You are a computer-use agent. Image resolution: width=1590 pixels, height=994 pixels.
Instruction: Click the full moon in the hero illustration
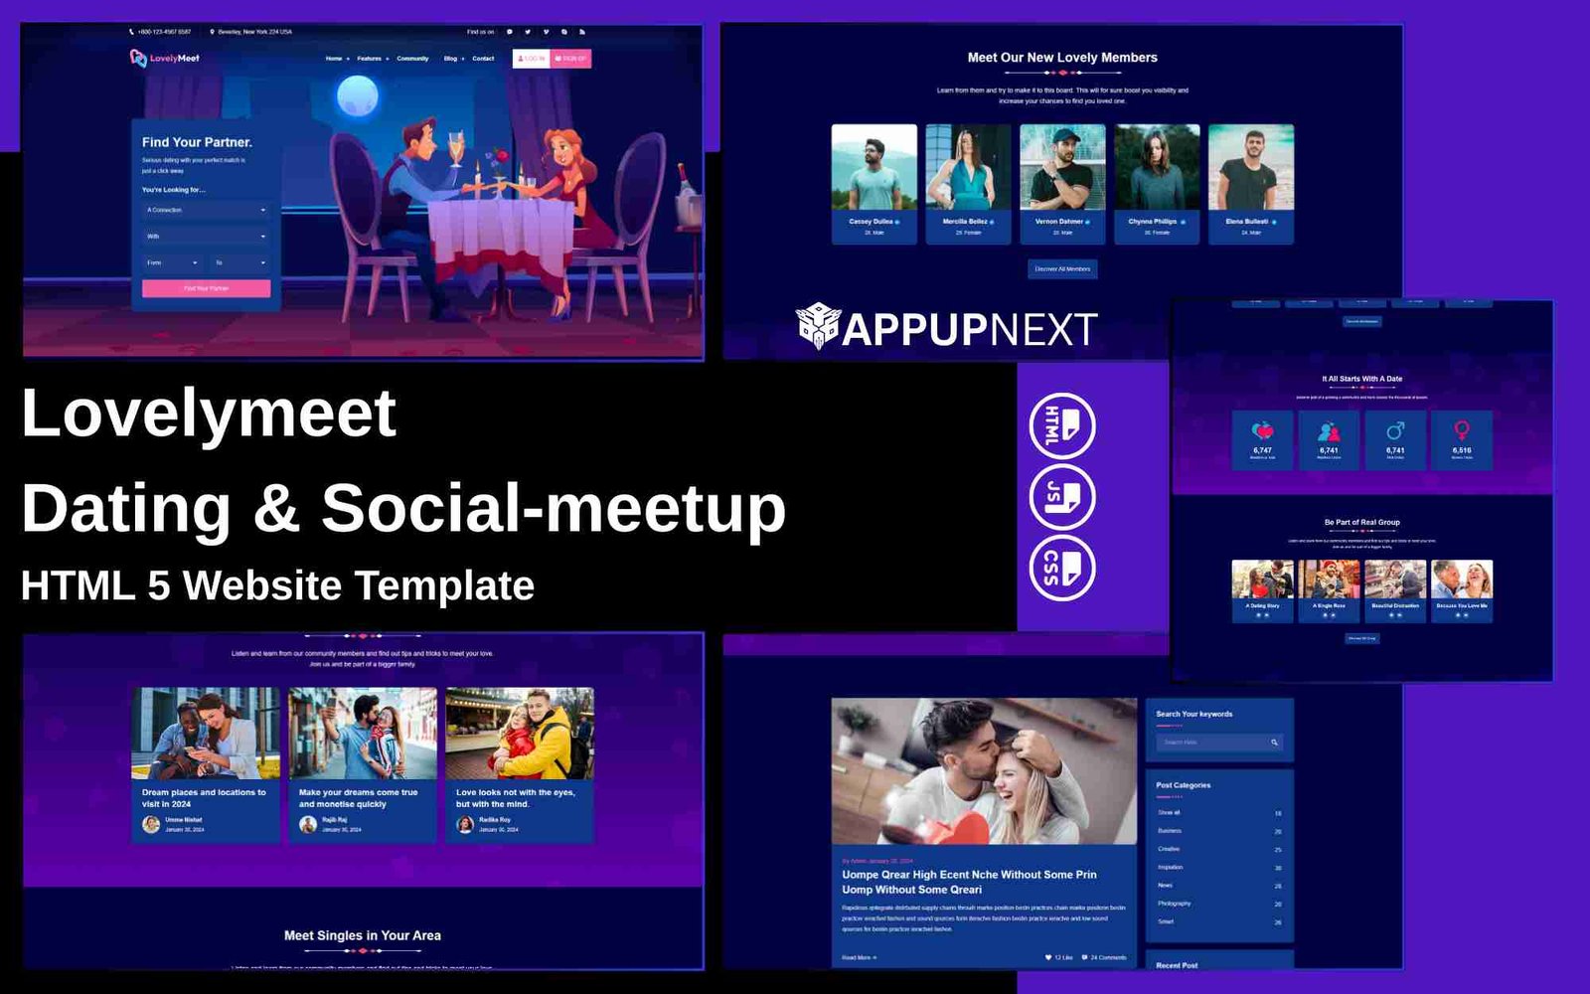coord(357,97)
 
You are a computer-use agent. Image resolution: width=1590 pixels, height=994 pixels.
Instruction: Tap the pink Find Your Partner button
coord(206,288)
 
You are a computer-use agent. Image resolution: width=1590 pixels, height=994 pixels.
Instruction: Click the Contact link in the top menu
coord(483,59)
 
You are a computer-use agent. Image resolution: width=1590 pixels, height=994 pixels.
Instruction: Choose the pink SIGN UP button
coord(571,59)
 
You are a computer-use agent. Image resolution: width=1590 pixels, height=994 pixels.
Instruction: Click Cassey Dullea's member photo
coord(874,167)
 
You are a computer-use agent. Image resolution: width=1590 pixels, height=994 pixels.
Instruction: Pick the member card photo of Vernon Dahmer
coord(1061,167)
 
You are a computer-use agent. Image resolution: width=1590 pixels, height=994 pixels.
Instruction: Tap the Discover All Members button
coord(1062,269)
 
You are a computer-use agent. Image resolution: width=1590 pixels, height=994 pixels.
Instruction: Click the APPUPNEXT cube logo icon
coord(818,326)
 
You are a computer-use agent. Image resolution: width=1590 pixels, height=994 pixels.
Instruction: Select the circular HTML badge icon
coord(1061,425)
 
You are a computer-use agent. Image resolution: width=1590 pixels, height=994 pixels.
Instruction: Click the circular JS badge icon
coord(1061,497)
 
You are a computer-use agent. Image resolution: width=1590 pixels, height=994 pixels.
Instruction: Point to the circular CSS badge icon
coord(1061,569)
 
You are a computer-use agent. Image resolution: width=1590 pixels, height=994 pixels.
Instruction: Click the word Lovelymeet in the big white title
coord(209,414)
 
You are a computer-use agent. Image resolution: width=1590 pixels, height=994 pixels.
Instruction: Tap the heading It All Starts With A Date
coord(1361,379)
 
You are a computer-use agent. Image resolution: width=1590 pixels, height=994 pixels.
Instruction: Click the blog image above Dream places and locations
coord(205,734)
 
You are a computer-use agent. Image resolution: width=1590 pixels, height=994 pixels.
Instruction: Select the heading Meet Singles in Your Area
coord(362,935)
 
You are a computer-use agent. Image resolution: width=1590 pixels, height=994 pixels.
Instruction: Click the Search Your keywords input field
coord(1212,743)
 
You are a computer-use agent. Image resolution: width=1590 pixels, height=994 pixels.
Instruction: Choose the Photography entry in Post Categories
coord(1174,904)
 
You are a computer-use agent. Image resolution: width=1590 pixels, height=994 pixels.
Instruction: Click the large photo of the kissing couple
coord(983,770)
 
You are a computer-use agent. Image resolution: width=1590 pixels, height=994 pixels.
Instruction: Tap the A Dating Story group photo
coord(1262,579)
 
